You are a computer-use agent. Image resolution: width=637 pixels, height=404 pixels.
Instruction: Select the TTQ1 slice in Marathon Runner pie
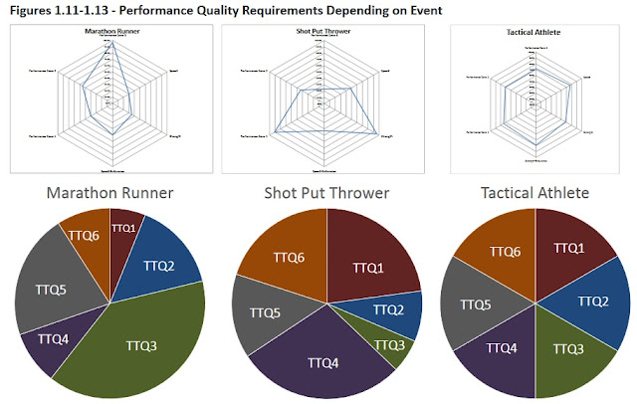click(124, 231)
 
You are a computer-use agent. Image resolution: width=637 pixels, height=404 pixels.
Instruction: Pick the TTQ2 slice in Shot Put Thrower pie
click(388, 310)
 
